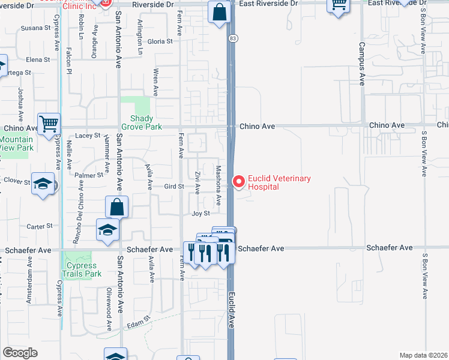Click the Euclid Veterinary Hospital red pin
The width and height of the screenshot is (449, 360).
coord(239,181)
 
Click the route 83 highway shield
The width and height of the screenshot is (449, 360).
coord(232,38)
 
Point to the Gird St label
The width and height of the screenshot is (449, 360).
coord(173,187)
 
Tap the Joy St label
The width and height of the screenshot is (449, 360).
coord(200,213)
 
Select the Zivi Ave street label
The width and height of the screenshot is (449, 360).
coord(197,181)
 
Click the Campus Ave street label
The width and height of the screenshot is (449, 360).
coord(362,64)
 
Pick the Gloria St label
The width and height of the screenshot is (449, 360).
coord(160,41)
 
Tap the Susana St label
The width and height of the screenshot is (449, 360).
coord(35,28)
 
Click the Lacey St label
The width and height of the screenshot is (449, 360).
coord(88,136)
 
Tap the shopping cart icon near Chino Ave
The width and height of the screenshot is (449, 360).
coord(49,124)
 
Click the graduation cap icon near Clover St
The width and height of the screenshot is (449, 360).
coord(43,184)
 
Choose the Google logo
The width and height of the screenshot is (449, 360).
coord(20,353)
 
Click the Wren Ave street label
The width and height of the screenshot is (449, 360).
coord(155,82)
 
